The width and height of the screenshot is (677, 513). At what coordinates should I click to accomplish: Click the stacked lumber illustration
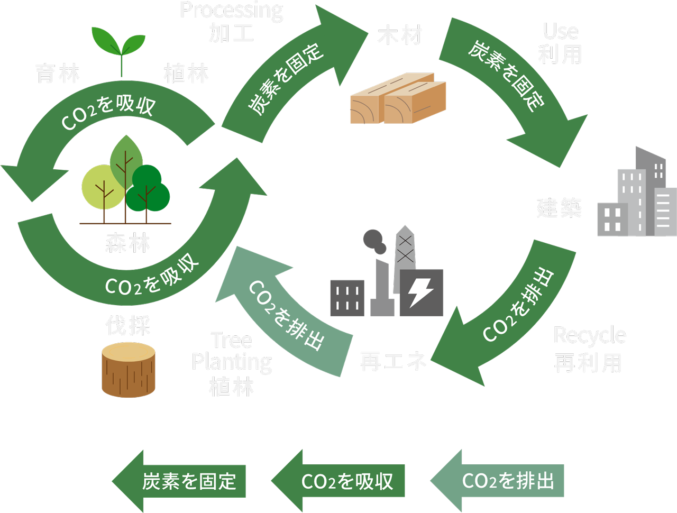(398, 100)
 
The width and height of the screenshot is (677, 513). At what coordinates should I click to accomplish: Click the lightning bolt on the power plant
(420, 292)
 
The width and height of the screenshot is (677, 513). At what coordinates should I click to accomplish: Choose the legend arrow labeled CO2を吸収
(339, 481)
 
